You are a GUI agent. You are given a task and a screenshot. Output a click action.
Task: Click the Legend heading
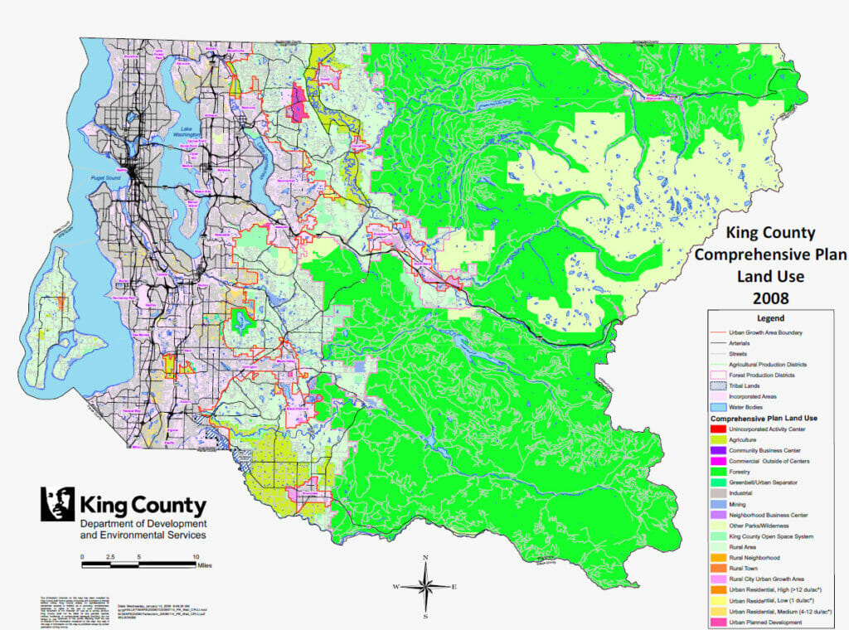click(x=776, y=318)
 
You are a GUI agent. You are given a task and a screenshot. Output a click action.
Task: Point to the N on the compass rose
click(x=425, y=557)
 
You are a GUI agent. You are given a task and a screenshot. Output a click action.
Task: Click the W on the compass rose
click(x=397, y=586)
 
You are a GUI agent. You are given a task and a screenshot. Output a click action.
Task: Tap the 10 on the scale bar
click(x=196, y=557)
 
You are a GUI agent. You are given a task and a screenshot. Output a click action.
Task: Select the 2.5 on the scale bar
click(x=111, y=557)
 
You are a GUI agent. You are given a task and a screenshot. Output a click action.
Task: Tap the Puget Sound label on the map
click(x=107, y=177)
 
